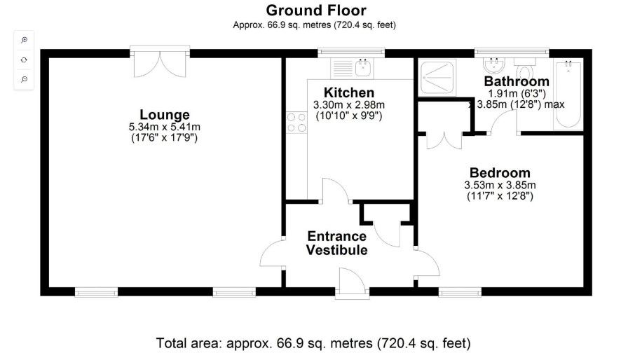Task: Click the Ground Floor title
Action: [315, 10]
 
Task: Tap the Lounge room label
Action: [165, 114]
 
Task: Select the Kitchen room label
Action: [348, 92]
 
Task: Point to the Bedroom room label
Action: [500, 173]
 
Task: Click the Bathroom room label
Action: [517, 81]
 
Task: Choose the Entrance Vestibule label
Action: [336, 242]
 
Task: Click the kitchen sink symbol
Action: [363, 68]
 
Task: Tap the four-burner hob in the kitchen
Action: [296, 123]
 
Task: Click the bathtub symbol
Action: [568, 95]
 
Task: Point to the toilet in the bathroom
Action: [525, 73]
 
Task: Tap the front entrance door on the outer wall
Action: [349, 284]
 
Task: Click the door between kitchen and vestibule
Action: [332, 191]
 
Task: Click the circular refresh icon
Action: [24, 60]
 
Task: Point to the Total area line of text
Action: [313, 343]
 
